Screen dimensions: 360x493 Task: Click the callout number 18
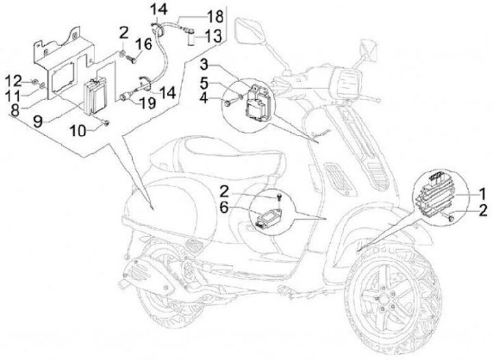(x=214, y=16)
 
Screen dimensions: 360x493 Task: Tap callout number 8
(x=17, y=106)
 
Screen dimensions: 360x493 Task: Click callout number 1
(x=482, y=192)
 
